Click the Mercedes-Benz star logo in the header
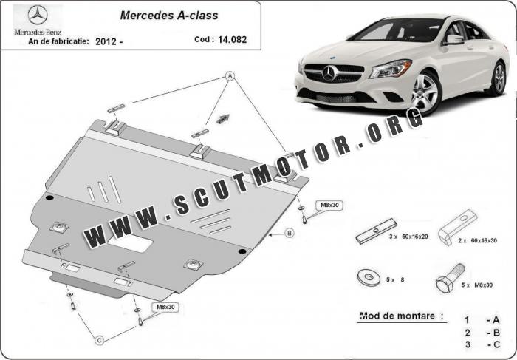pyautogui.click(x=38, y=15)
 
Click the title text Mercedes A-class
pyautogui.click(x=169, y=16)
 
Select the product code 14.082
pyautogui.click(x=232, y=40)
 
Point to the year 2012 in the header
pyautogui.click(x=106, y=41)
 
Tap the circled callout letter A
pyautogui.click(x=230, y=76)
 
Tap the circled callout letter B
pyautogui.click(x=290, y=234)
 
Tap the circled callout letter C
pyautogui.click(x=100, y=340)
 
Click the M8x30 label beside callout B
pyautogui.click(x=329, y=205)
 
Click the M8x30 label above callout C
pyautogui.click(x=165, y=307)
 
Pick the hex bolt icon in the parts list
pyautogui.click(x=451, y=278)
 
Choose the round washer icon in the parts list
pyautogui.click(x=369, y=278)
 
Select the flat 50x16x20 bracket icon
pyautogui.click(x=376, y=231)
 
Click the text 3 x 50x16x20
pyautogui.click(x=408, y=237)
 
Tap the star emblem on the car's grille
pyautogui.click(x=329, y=73)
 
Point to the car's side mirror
pyautogui.click(x=453, y=40)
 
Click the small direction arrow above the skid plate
pyautogui.click(x=223, y=119)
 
